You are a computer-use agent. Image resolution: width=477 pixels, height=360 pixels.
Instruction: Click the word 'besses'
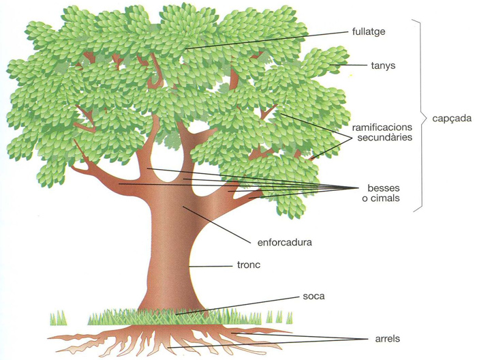tap(383, 187)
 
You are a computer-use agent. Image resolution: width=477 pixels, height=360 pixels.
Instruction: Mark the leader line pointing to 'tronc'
tap(211, 265)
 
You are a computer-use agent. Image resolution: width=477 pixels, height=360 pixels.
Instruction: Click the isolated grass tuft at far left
tap(58, 318)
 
